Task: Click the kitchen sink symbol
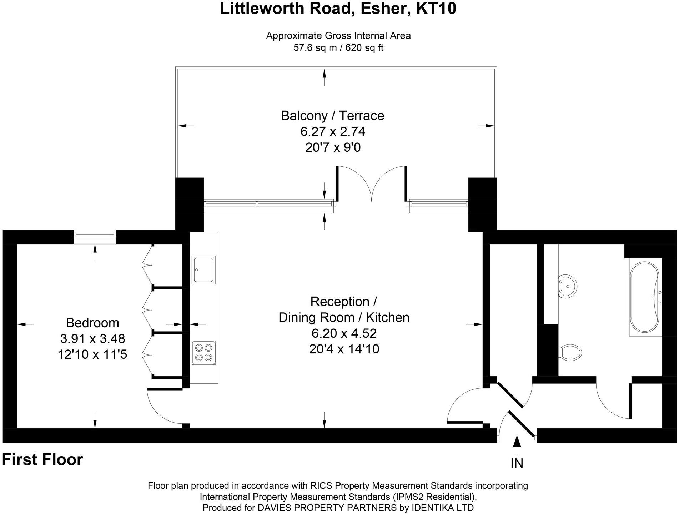pyautogui.click(x=203, y=269)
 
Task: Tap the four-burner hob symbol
pyautogui.click(x=203, y=353)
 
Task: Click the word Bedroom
pyautogui.click(x=92, y=323)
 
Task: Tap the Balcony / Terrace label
pyautogui.click(x=332, y=116)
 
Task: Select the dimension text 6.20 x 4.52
pyautogui.click(x=344, y=333)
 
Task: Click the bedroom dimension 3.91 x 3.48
pyautogui.click(x=92, y=338)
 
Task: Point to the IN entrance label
pyautogui.click(x=517, y=463)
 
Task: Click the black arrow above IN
pyautogui.click(x=517, y=442)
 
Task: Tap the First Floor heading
pyautogui.click(x=42, y=460)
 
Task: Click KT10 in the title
pyautogui.click(x=436, y=9)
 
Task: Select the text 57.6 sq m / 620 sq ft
pyautogui.click(x=338, y=48)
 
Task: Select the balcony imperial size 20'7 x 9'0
pyautogui.click(x=333, y=147)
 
